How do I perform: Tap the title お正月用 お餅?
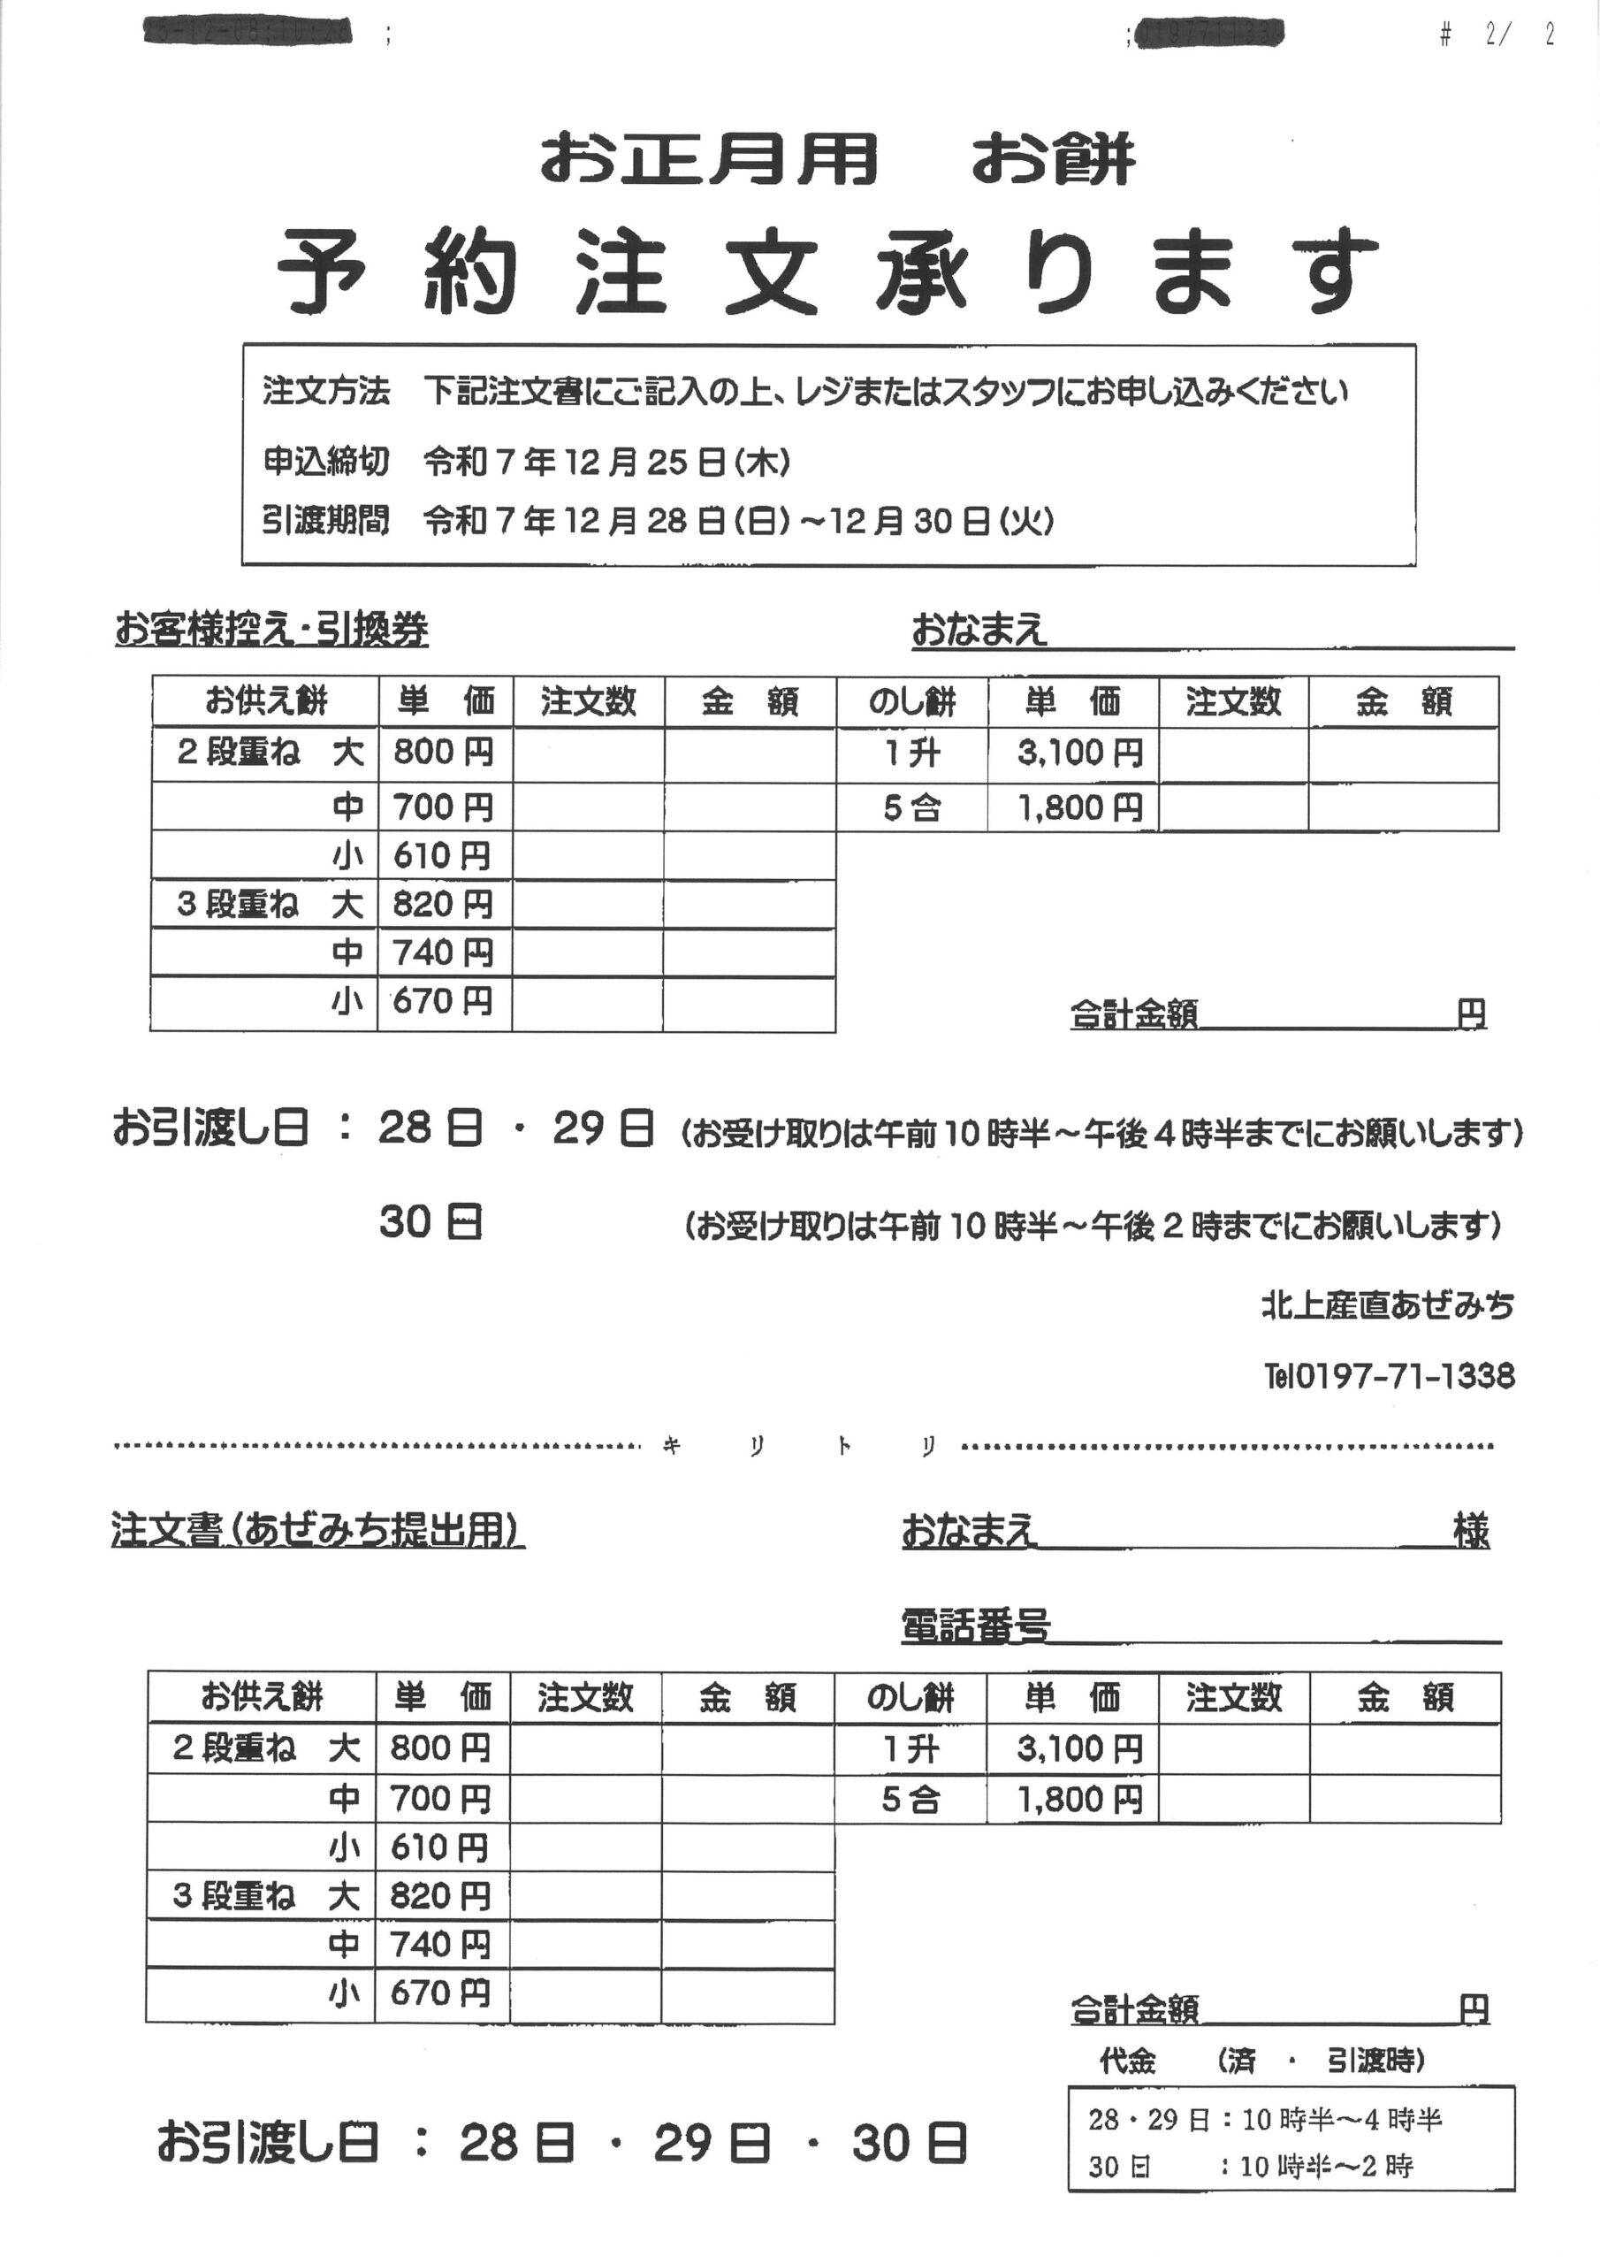837,160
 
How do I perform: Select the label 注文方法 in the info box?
325,393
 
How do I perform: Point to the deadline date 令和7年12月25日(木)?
606,462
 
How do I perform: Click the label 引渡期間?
325,520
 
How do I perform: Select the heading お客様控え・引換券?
271,629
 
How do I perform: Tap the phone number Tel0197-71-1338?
1389,1375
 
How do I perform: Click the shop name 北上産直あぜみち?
1387,1306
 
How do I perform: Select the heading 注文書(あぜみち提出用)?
317,1530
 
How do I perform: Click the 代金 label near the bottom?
1127,2060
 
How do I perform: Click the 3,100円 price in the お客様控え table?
1080,754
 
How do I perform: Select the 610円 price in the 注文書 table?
439,1847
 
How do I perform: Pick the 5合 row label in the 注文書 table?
910,1800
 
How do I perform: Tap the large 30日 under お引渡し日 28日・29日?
430,1224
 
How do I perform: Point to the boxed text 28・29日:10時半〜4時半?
1265,2119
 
